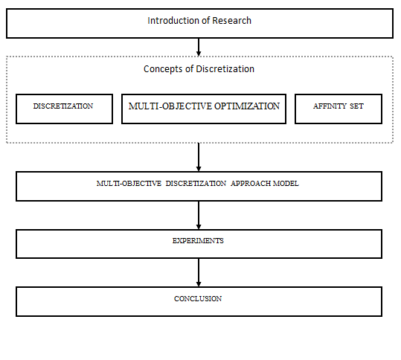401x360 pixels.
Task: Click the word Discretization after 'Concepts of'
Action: click(225, 69)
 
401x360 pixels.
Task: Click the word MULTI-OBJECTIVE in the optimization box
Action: click(170, 106)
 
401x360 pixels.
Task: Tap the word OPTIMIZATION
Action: click(247, 106)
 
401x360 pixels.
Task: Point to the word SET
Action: click(356, 106)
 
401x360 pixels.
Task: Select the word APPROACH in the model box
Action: click(251, 184)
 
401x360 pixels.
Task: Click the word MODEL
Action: click(286, 184)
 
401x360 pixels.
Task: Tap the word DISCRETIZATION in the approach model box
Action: click(196, 184)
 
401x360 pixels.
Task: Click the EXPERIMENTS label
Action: click(198, 241)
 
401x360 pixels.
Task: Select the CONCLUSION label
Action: click(198, 299)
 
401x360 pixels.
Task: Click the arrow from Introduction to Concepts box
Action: click(199, 47)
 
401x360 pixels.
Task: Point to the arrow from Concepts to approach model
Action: click(199, 157)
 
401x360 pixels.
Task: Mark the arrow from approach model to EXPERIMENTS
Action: click(199, 215)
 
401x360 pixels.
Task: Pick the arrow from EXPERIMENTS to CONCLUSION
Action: click(199, 272)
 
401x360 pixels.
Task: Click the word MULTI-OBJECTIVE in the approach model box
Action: click(129, 184)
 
